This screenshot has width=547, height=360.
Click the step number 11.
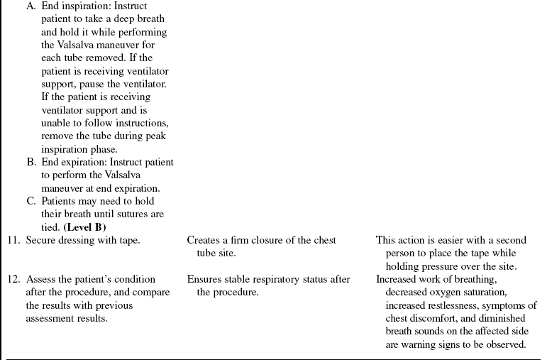(14, 240)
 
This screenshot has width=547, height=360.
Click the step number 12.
(14, 279)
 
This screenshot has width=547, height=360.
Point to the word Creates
(204, 240)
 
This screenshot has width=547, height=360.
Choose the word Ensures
(204, 279)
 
